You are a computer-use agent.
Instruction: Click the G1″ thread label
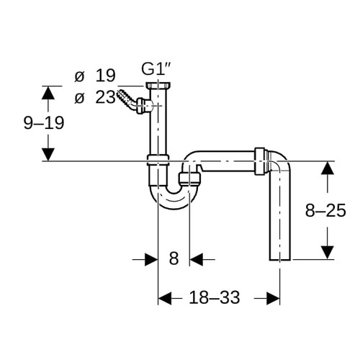pos(156,69)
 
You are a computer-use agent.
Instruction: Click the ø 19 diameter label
pos(95,76)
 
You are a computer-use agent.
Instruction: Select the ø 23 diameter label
pos(95,97)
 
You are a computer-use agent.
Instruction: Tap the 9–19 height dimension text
pos(44,123)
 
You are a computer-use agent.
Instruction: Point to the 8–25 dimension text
pos(325,210)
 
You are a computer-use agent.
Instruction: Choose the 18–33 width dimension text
pos(215,297)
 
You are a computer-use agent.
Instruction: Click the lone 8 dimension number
pos(174,258)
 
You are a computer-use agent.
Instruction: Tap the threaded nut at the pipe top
pos(158,85)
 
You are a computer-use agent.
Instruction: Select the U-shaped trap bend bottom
pos(174,201)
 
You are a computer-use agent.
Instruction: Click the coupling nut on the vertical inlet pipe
pos(158,161)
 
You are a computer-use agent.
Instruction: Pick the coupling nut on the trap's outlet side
pos(190,179)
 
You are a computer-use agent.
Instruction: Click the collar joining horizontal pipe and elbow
pos(260,161)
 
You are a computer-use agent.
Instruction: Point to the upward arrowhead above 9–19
pos(48,93)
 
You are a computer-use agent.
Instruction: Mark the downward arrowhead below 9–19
pos(48,155)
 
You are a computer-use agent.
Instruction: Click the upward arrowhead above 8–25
pos(328,168)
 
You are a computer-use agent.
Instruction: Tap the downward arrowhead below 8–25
pos(328,253)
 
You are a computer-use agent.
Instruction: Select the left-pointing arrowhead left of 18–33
pos(165,298)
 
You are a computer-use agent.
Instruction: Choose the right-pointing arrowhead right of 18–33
pos(273,298)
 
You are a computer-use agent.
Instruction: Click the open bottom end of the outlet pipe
pos(280,259)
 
